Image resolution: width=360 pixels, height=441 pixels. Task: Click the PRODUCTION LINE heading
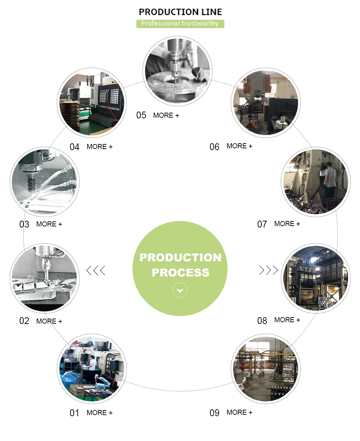180,12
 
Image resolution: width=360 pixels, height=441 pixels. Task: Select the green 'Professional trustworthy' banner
180,24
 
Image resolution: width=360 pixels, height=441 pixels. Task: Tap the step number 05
141,115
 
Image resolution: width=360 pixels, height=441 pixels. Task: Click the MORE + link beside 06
239,146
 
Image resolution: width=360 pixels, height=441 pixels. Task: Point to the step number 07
262,224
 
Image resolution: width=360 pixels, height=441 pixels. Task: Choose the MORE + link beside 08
287,320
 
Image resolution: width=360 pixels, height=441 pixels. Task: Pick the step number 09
215,413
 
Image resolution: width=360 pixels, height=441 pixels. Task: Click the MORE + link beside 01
99,413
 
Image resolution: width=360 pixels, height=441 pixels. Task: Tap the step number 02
24,321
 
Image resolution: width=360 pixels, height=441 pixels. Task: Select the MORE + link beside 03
49,224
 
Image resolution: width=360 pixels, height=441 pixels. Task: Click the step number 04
75,147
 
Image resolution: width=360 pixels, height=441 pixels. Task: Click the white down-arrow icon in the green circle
180,291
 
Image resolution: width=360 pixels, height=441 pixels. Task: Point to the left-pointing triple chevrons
96,270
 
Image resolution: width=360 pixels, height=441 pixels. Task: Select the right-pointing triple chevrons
269,270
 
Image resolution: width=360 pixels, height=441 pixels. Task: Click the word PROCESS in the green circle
180,273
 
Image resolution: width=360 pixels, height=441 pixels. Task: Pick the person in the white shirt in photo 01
93,364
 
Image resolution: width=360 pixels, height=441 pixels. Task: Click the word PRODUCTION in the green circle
180,257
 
